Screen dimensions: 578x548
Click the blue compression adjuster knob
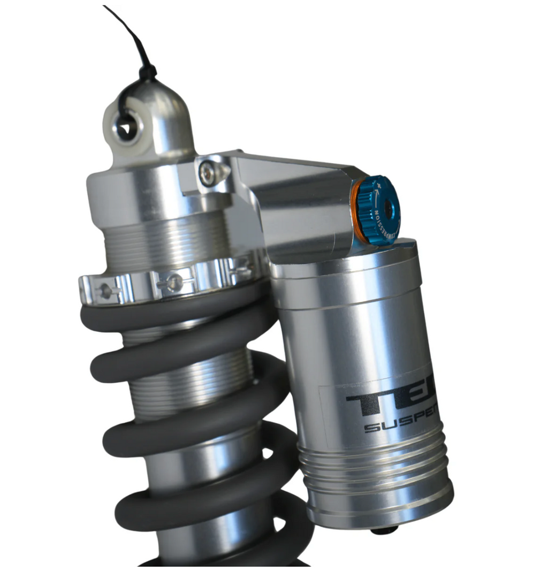[x=379, y=210]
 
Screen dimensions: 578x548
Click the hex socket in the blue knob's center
[x=390, y=210]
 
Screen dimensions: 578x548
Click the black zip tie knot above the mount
[x=147, y=72]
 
